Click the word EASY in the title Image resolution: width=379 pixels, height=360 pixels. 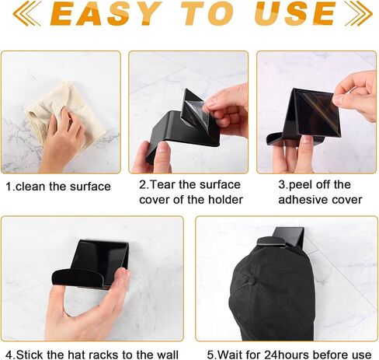point(104,13)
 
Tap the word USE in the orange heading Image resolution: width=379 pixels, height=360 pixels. point(295,13)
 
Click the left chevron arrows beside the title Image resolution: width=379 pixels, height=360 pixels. point(26,13)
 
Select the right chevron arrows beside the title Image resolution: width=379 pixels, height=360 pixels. point(359,13)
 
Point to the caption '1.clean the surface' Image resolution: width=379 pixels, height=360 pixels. point(58,187)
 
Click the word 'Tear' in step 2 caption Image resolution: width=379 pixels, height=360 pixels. point(163,185)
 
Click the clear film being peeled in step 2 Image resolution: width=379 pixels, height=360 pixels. point(196,109)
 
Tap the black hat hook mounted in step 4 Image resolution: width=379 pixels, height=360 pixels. point(91,264)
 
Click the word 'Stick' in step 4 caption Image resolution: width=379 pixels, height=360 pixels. point(30,355)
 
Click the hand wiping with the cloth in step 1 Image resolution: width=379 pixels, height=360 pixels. point(62,140)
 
